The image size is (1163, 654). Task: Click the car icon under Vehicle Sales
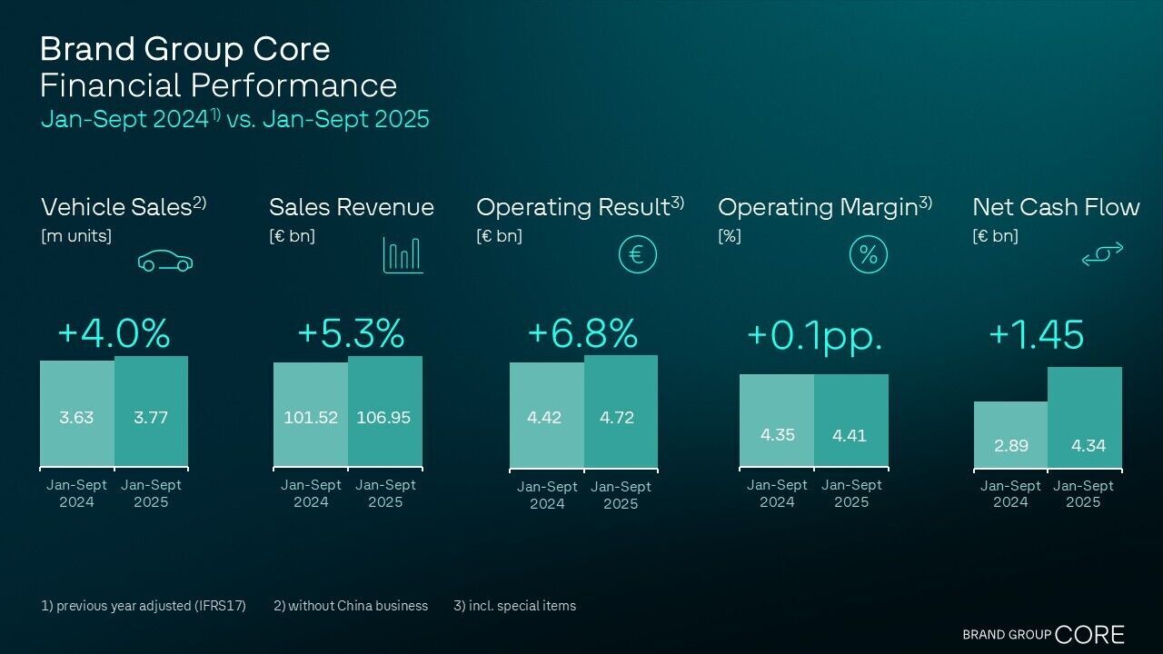(x=165, y=262)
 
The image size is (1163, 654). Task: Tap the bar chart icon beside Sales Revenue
(x=403, y=255)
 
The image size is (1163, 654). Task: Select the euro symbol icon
(x=637, y=254)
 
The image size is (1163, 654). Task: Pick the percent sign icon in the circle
(x=868, y=254)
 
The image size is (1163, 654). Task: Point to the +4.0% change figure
(x=114, y=333)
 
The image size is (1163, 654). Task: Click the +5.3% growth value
(x=350, y=333)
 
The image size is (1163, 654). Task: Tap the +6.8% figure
(x=582, y=333)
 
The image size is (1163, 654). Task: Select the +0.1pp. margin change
(x=814, y=335)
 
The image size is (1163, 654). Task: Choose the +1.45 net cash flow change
(x=1036, y=334)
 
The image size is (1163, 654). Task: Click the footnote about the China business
(x=351, y=606)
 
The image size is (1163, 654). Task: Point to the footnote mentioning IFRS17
(x=144, y=606)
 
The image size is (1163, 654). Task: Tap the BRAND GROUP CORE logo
(x=1043, y=634)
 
